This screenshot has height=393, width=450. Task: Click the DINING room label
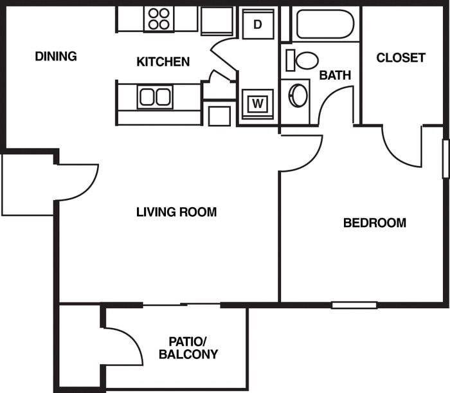tap(55, 57)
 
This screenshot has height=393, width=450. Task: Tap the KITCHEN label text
tap(163, 62)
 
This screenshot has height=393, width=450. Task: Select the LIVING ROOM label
tap(176, 212)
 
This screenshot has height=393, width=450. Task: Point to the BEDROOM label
tap(374, 223)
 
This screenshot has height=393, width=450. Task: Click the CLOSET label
tap(401, 58)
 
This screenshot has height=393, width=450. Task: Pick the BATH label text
tap(335, 75)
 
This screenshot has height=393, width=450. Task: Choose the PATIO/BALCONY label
tap(188, 347)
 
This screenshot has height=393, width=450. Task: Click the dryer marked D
tap(258, 24)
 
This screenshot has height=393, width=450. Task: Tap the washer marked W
tap(258, 102)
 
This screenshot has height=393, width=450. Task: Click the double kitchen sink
tap(155, 97)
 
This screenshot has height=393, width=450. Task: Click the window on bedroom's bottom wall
tap(354, 305)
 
